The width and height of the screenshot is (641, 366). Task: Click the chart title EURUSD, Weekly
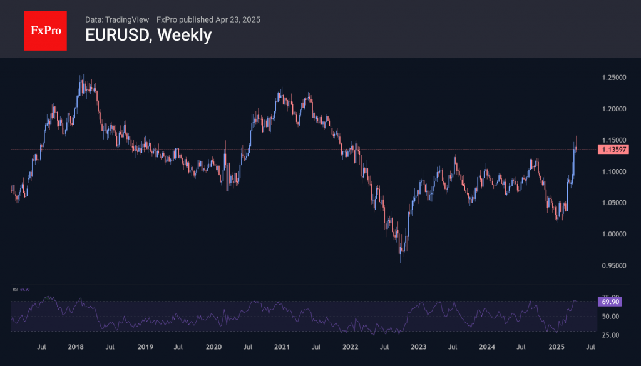(148, 35)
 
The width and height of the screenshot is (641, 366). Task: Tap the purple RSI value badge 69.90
(610, 302)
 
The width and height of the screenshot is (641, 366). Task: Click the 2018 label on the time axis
(76, 347)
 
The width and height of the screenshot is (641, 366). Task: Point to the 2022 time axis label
(350, 347)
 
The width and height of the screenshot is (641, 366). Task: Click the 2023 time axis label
(419, 347)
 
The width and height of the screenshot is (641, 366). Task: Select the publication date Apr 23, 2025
(238, 19)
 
